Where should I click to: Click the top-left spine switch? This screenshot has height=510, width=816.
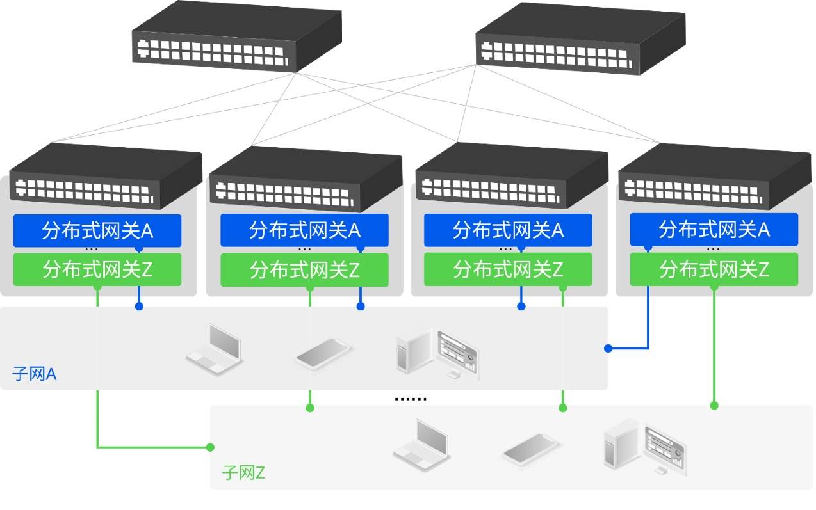237,36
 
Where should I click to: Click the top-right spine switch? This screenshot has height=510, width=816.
581,38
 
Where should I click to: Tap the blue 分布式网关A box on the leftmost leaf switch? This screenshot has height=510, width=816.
97,231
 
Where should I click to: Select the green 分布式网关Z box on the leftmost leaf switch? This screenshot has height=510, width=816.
97,270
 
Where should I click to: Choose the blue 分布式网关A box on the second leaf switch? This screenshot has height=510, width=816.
304,230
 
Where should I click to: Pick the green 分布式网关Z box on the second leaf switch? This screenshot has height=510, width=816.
304,270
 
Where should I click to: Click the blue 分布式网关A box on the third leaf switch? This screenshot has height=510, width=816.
508,230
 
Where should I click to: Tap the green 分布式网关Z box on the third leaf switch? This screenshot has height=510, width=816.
508,269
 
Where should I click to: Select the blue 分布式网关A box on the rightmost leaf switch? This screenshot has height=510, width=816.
714,229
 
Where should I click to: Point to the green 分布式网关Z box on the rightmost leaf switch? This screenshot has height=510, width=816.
714,269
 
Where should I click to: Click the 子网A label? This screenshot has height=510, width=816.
34,374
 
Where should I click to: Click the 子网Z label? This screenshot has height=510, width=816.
243,473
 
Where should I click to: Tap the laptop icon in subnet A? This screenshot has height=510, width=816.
215,349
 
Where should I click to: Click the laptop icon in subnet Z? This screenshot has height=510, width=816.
422,445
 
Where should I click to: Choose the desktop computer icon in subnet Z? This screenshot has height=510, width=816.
645,447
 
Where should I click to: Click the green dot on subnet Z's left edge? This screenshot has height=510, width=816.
210,447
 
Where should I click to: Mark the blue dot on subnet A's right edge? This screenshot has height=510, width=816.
608,348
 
